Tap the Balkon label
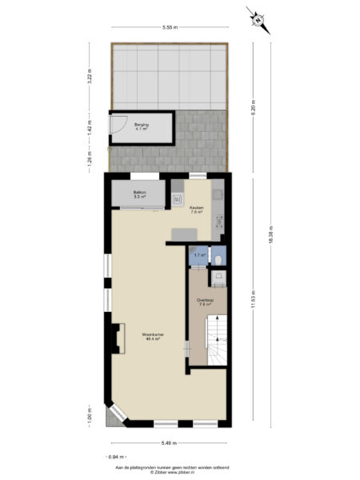pos(139,194)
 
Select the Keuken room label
pos(196,210)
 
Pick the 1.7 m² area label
pos(198,255)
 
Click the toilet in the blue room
pos(219,258)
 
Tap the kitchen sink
pos(178,195)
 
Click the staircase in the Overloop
pos(216,340)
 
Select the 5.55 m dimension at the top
pos(169,28)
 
